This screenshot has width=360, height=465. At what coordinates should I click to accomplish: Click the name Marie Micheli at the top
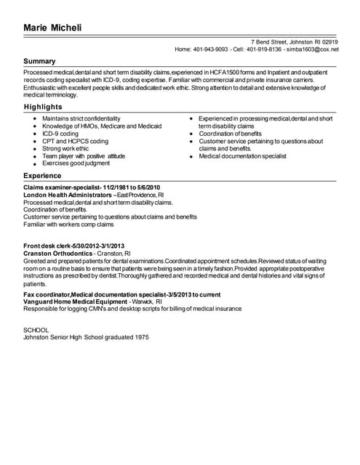[x=52, y=28]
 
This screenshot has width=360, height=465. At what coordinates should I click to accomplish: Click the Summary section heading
[x=39, y=61]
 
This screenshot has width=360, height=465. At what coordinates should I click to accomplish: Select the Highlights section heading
[x=42, y=107]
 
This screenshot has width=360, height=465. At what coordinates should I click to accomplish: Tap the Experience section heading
[x=42, y=176]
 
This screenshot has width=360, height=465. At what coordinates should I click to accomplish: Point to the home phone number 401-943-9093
[x=211, y=49]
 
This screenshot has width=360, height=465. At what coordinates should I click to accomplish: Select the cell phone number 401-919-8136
[x=264, y=49]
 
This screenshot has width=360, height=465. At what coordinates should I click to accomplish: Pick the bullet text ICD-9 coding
[x=60, y=134]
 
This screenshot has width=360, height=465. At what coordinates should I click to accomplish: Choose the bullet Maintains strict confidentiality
[x=81, y=118]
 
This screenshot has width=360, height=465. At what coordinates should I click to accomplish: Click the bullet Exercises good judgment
[x=76, y=164]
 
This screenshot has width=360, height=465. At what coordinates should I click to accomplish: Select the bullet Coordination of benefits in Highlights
[x=230, y=134]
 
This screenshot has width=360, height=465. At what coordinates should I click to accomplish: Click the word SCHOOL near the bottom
[x=36, y=330]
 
